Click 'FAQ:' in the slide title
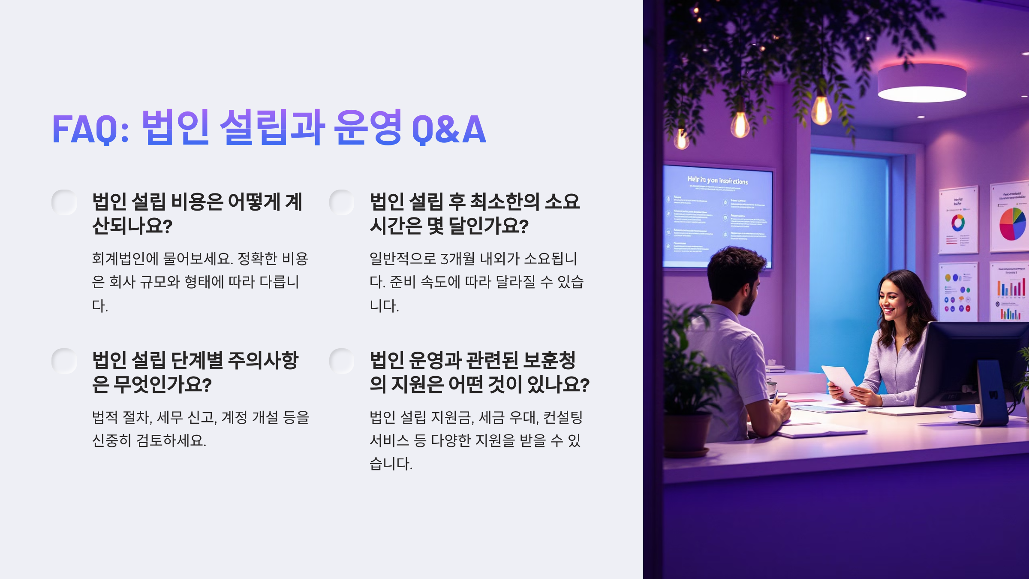[90, 129]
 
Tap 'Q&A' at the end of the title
[449, 129]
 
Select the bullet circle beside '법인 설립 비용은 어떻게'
[64, 202]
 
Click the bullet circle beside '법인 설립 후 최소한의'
[342, 202]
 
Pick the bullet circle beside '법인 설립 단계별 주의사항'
[64, 361]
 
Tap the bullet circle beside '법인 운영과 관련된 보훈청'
[342, 361]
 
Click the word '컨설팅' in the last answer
[563, 417]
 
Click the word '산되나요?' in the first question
[132, 226]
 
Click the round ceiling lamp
[922, 84]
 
